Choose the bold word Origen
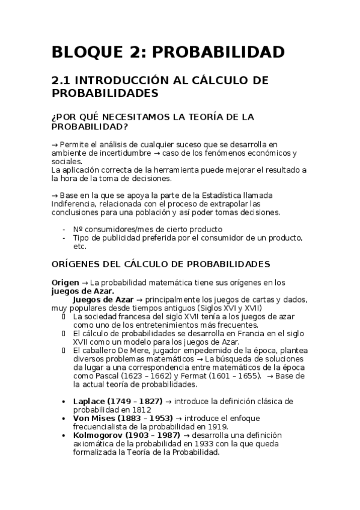[x=64, y=282]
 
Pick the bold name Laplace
[x=90, y=401]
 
